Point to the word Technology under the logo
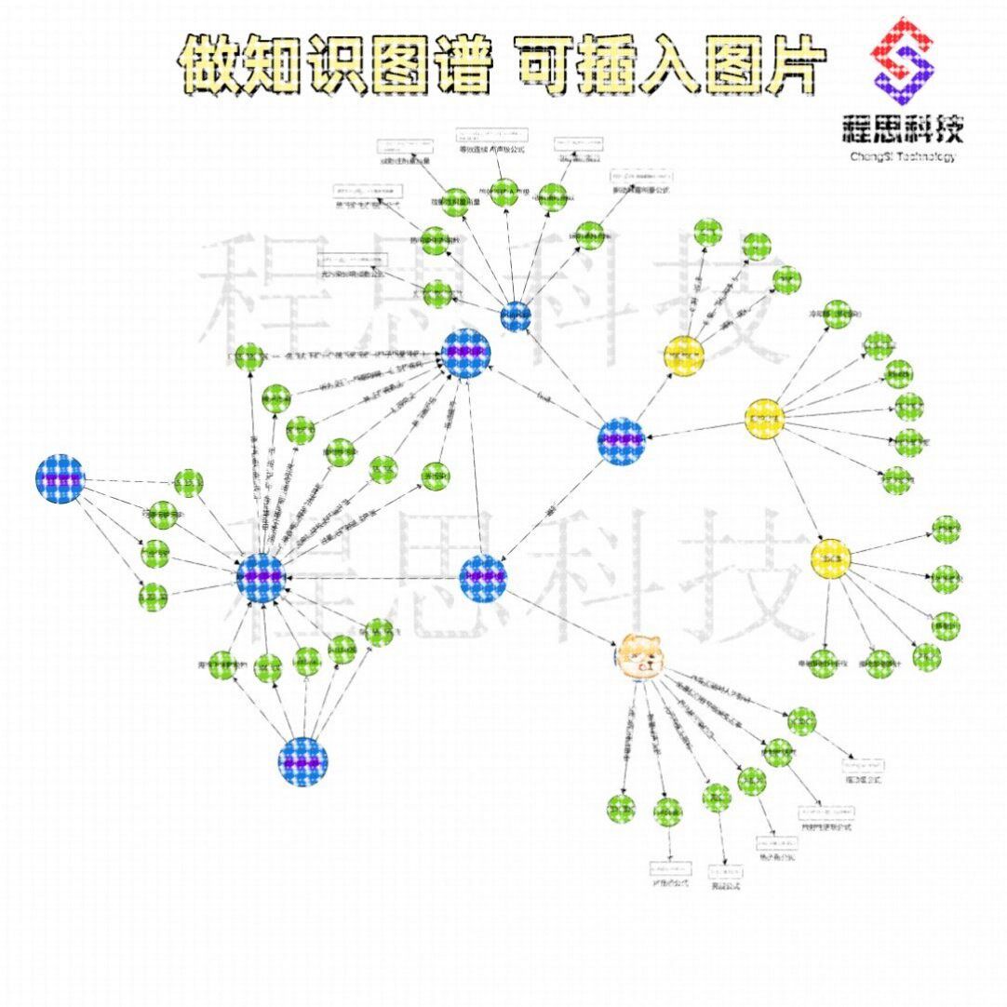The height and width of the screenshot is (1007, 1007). point(928,157)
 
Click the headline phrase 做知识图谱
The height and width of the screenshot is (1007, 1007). point(335,65)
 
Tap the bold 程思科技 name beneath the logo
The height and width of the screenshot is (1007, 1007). point(902,128)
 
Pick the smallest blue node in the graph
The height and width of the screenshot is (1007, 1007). point(515,316)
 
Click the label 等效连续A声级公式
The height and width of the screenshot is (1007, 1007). point(491,150)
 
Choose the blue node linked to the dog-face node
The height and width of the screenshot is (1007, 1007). point(483,577)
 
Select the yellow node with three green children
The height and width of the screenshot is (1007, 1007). point(685,355)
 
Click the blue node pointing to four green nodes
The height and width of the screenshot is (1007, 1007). point(60,479)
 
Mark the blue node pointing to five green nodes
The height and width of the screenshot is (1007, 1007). point(303,761)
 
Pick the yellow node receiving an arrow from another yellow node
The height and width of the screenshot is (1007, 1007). point(830,557)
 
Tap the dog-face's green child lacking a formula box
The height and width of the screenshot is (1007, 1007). point(620,809)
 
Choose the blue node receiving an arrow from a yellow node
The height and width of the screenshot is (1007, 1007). point(622,440)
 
